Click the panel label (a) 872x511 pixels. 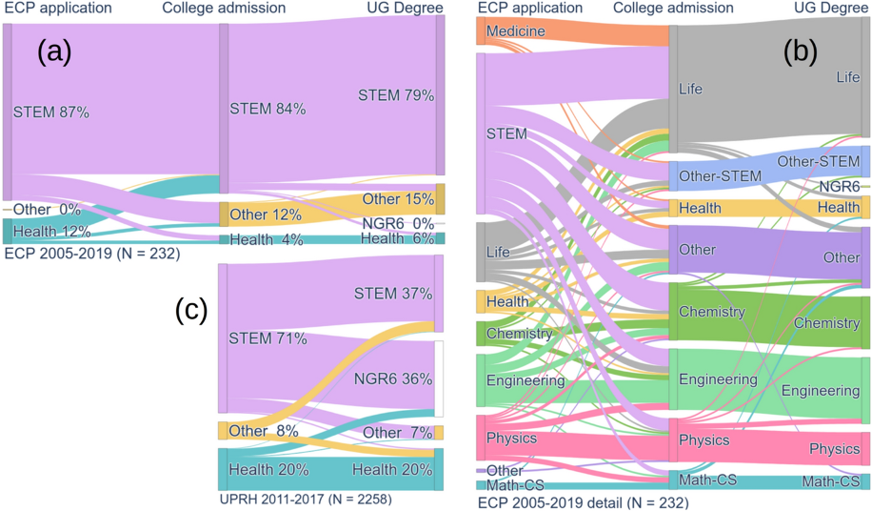pos(54,52)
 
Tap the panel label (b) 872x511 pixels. pos(801,52)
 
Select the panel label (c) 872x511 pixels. pos(191,311)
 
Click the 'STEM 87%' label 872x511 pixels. pos(51,112)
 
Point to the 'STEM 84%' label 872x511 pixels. pos(268,109)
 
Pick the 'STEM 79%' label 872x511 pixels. pos(396,95)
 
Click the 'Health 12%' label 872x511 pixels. pos(51,231)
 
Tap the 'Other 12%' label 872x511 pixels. pos(266,215)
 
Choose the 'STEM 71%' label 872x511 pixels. pos(268,338)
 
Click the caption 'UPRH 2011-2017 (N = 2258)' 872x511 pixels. pos(305,498)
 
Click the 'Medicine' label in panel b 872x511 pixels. pos(515,31)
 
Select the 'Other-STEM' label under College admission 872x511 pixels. pos(714,176)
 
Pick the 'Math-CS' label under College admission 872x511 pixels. pos(704,480)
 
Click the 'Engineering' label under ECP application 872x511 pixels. pos(525,380)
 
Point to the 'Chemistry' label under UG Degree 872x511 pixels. pos(826,324)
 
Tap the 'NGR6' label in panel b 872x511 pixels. pos(840,186)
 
